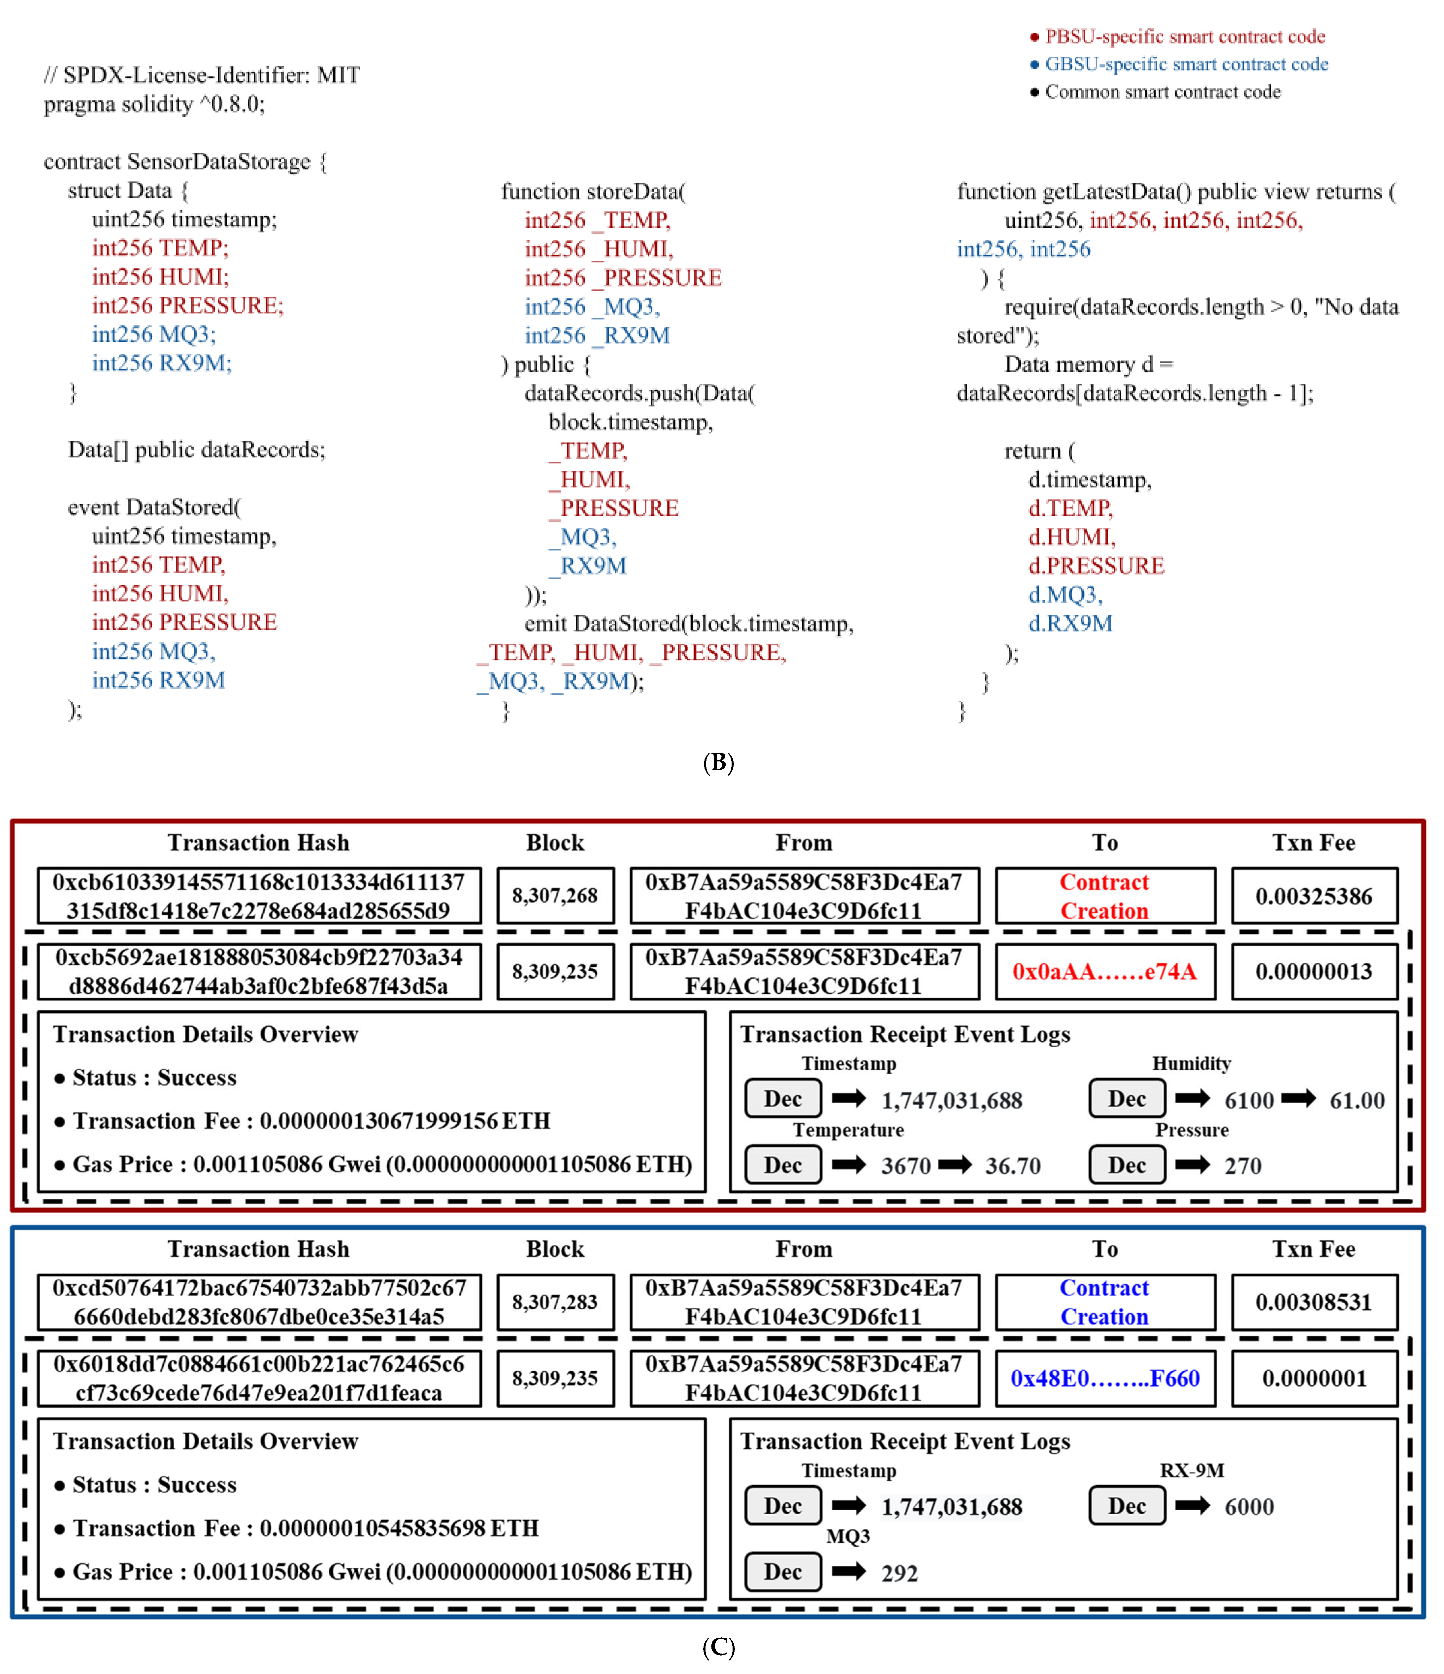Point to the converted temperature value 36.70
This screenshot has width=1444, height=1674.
click(x=1013, y=1166)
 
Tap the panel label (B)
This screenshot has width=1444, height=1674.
click(x=718, y=763)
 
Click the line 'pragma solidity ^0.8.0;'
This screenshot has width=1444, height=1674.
click(x=154, y=104)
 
